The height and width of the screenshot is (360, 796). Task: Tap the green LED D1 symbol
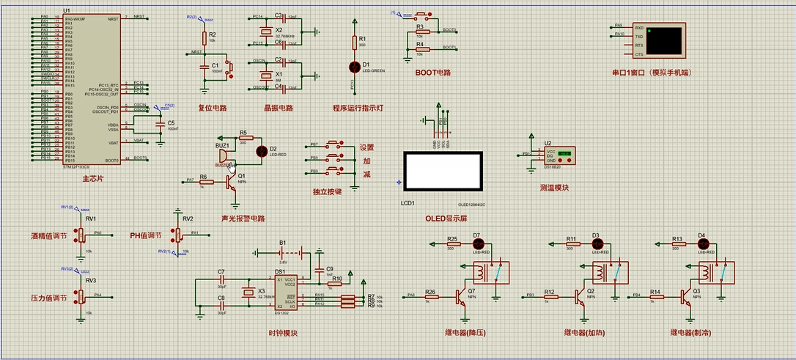click(x=355, y=67)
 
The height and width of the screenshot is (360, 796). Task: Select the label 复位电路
click(x=213, y=108)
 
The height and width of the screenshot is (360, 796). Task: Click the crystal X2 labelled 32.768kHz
click(x=264, y=31)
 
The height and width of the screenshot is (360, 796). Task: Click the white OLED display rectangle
click(x=443, y=172)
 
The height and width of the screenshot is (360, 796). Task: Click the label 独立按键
click(x=328, y=192)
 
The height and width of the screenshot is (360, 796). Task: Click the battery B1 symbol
click(x=283, y=252)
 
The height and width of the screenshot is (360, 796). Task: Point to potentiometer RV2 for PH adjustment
click(x=177, y=233)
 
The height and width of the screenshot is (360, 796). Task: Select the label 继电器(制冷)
click(x=690, y=333)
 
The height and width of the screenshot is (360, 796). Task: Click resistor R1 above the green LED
click(x=355, y=43)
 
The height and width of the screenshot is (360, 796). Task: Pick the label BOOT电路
click(x=432, y=73)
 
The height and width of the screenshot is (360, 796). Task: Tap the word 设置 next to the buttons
click(x=366, y=147)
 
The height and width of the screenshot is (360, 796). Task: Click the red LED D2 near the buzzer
click(x=260, y=151)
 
